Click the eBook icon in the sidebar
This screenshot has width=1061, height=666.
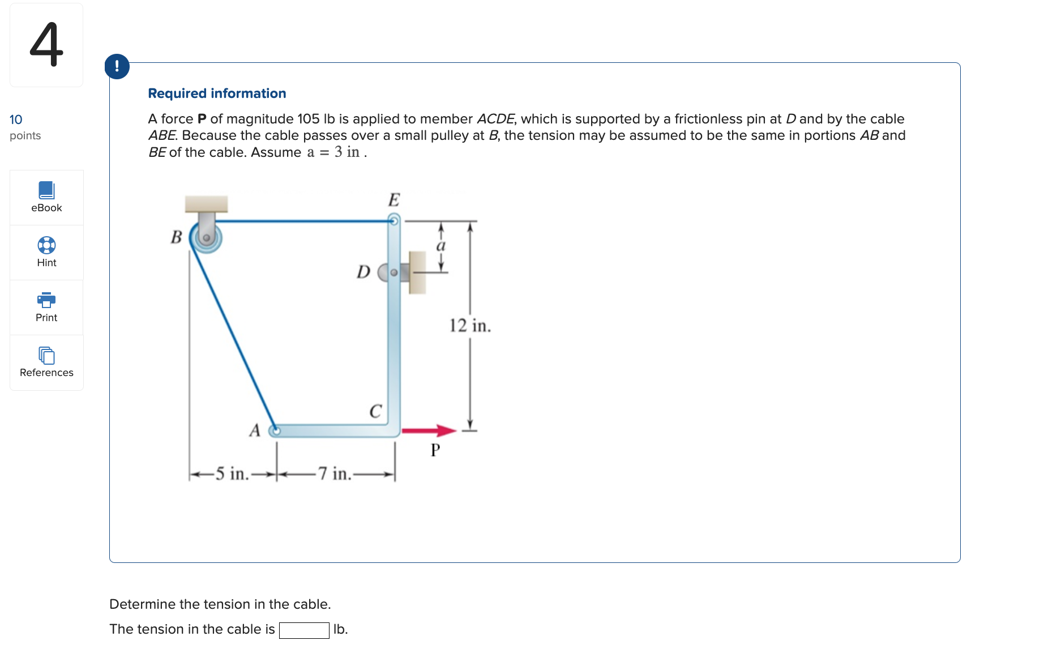tap(46, 190)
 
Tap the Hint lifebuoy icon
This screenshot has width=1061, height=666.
tap(46, 245)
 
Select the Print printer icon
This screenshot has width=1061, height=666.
tap(46, 300)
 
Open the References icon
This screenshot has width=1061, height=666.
tap(46, 355)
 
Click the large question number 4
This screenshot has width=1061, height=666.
tap(46, 45)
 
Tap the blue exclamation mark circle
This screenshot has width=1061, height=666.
tap(117, 66)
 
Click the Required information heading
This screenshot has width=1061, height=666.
tap(217, 93)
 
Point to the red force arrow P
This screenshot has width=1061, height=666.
tap(429, 431)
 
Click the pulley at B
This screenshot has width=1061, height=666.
tap(206, 237)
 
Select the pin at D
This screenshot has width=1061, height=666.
tap(393, 272)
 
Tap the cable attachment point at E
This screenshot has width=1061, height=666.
tap(393, 220)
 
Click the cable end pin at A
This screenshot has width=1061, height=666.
tap(275, 431)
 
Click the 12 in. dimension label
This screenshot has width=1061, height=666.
tap(470, 326)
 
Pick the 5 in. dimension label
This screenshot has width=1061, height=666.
tap(232, 473)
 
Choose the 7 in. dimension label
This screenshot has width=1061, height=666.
tap(334, 473)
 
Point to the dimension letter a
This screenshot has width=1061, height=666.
tap(441, 246)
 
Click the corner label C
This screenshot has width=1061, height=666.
tap(375, 411)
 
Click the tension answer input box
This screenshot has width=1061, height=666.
tap(304, 630)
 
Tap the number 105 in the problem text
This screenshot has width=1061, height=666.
tap(309, 119)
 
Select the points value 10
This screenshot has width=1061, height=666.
tap(16, 119)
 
